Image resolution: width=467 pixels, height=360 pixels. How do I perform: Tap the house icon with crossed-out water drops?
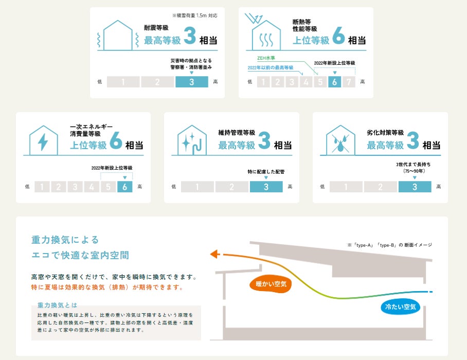[x=340, y=140]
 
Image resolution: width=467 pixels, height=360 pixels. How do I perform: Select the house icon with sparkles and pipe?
[x=192, y=140]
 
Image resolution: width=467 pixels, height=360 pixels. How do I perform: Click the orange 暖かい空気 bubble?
[x=270, y=283]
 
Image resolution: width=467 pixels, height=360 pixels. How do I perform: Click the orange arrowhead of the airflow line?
[x=214, y=254]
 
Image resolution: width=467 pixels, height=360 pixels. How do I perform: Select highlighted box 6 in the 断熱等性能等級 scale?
[x=335, y=81]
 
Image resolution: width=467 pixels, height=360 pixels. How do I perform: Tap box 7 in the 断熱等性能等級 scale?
[x=349, y=81]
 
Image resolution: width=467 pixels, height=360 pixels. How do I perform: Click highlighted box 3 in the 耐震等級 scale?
[x=191, y=81]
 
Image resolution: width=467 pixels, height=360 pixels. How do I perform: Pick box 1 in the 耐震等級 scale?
[x=123, y=81]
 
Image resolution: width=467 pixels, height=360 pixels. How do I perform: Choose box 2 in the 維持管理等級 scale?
[x=232, y=187]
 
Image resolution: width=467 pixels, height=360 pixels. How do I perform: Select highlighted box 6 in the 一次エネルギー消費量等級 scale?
[x=124, y=187]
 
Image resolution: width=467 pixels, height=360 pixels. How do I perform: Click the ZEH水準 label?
[x=267, y=58]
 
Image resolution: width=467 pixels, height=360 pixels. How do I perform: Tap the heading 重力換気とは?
[x=57, y=304]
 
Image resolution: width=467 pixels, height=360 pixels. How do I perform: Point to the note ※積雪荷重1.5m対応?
[x=195, y=16]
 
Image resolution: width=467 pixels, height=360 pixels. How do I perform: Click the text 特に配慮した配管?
[x=266, y=171]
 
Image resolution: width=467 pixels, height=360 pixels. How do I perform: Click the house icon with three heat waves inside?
[x=265, y=37]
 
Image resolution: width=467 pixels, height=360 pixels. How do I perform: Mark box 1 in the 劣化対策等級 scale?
[x=346, y=187]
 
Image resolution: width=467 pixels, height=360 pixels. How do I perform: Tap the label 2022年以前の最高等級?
[x=271, y=68]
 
